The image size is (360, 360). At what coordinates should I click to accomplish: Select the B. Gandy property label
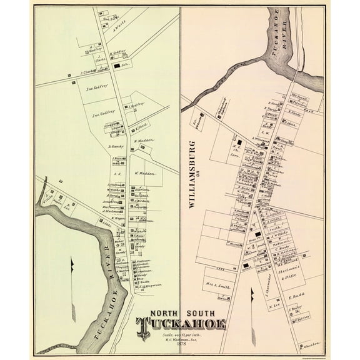point(117,147)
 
